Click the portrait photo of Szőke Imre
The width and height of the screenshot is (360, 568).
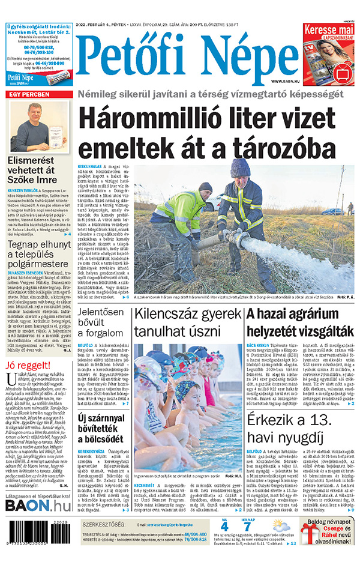[39, 126]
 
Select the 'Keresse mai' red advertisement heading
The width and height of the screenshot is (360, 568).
[328, 31]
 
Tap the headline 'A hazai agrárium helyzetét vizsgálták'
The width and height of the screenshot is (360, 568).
[299, 322]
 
